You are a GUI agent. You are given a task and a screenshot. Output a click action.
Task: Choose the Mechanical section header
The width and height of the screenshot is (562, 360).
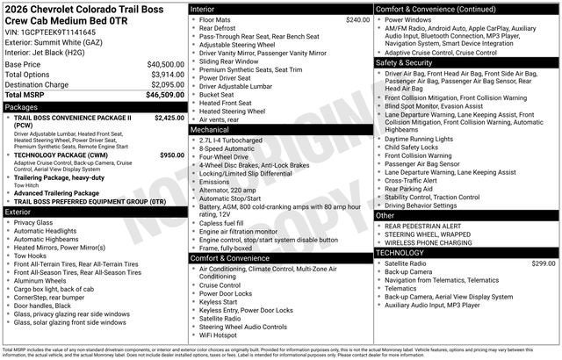click(211, 129)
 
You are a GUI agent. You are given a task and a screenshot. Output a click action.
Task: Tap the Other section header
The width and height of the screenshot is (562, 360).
click(385, 214)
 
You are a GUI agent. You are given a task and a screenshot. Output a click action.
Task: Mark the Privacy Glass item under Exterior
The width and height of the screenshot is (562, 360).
click(34, 223)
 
